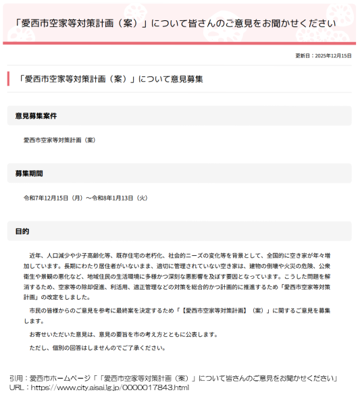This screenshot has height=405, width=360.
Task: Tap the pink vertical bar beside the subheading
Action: [9, 78]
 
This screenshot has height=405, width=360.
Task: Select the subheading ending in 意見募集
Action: [111, 79]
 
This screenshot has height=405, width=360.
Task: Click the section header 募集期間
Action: [29, 173]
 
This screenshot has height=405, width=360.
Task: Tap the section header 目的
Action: [22, 232]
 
